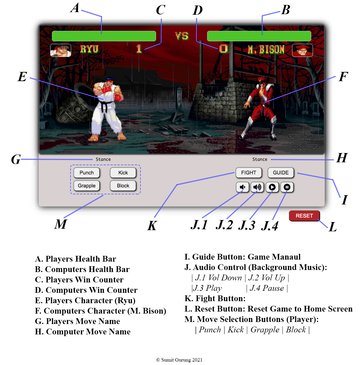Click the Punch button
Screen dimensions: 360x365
click(x=86, y=173)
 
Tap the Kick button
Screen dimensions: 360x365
click(x=123, y=173)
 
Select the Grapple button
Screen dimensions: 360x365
click(x=86, y=186)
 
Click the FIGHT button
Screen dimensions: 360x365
click(x=248, y=173)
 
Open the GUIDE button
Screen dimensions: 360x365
click(x=281, y=173)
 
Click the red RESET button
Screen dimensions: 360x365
click(x=304, y=216)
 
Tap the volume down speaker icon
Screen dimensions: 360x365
click(x=242, y=187)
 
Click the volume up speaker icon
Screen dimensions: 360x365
click(x=257, y=187)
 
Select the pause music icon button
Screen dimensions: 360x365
click(x=287, y=187)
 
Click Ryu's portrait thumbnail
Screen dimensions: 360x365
click(x=61, y=50)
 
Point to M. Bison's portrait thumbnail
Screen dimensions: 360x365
click(x=303, y=50)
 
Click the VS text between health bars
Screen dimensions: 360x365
click(x=182, y=36)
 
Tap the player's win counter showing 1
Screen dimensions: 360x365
click(x=139, y=49)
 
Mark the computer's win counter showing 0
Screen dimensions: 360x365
click(x=224, y=49)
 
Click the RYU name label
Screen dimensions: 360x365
click(x=89, y=49)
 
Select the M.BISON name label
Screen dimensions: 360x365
click(x=266, y=50)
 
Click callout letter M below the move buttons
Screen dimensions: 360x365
click(x=61, y=224)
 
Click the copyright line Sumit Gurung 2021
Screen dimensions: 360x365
click(x=179, y=360)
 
